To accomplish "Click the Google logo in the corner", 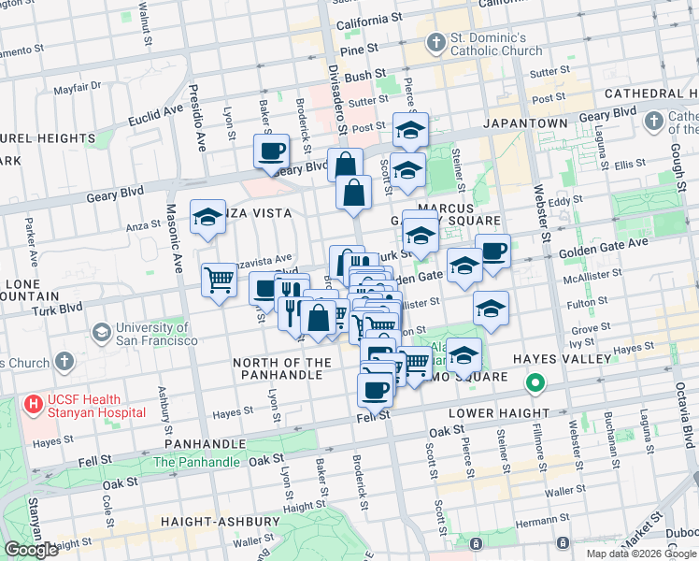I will coord(31,550).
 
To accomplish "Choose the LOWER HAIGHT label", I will coord(499,413).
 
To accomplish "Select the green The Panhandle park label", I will coord(196,462).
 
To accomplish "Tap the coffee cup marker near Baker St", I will coord(272,151).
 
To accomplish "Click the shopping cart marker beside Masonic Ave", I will coord(219,280).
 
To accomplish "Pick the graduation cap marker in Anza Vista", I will coord(207,218).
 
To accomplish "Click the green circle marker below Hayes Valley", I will coord(535,382).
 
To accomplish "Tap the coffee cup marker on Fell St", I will coord(376,390).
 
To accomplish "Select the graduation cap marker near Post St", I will coord(410,131).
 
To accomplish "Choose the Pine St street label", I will coord(359,48).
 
